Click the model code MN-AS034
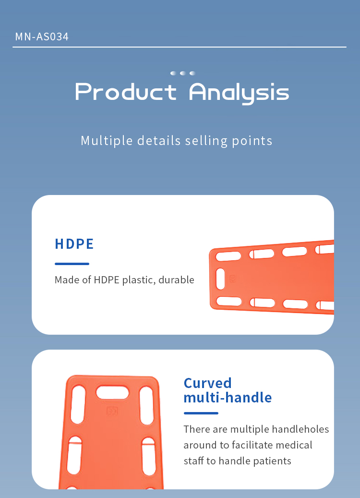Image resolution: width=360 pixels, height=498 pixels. (x=42, y=36)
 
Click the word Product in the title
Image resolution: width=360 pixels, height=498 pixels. (x=126, y=92)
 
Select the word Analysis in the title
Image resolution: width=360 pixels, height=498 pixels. (x=239, y=93)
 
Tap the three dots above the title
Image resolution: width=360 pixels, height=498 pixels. (x=182, y=73)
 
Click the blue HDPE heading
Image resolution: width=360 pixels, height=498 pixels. (x=74, y=244)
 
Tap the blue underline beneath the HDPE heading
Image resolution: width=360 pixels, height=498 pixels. (x=72, y=264)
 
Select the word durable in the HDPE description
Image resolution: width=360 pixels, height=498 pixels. (x=176, y=280)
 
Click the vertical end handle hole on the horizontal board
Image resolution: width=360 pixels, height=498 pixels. (x=220, y=279)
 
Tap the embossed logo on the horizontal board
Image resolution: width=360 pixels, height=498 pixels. (x=233, y=279)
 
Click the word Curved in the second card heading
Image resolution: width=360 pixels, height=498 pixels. (x=208, y=383)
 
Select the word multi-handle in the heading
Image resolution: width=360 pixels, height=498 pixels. (x=228, y=397)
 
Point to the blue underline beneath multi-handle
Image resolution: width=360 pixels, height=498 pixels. (x=201, y=413)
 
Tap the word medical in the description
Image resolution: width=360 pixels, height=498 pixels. (x=294, y=445)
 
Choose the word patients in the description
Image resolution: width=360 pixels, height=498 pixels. (x=272, y=461)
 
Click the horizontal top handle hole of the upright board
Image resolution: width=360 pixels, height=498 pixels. (x=112, y=392)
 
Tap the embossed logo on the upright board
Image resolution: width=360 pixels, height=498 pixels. (x=112, y=411)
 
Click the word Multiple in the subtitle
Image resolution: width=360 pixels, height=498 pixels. (x=107, y=141)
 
